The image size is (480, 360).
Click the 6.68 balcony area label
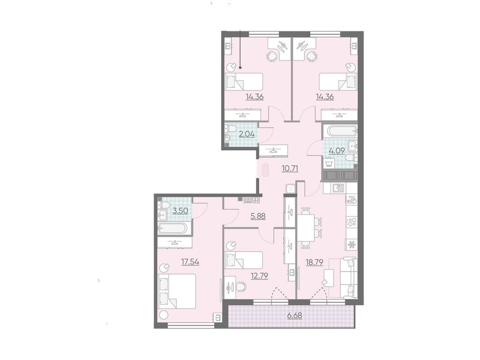tap(294, 315)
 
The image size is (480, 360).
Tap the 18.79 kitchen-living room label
tap(315, 262)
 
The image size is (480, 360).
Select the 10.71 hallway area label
tap(290, 168)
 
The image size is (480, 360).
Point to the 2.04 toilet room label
tap(247, 134)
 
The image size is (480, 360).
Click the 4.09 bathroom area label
tap(337, 150)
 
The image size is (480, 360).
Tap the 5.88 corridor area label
tap(258, 216)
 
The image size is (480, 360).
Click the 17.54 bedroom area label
tap(190, 262)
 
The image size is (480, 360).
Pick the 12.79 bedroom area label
tap(259, 276)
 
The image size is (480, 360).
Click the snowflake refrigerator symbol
tap(352, 245)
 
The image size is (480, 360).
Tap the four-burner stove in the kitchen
tap(352, 222)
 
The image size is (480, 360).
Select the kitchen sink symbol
tap(338, 188)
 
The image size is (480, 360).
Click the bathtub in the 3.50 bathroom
tap(172, 228)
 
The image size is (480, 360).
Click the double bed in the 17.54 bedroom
tap(177, 291)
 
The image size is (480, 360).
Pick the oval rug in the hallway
tap(265, 170)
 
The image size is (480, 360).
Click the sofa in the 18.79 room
tap(349, 278)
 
